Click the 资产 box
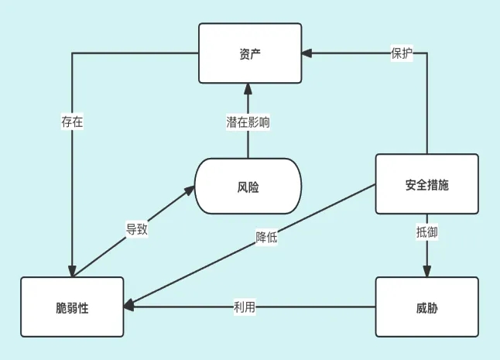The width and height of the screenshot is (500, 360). pyautogui.click(x=250, y=53)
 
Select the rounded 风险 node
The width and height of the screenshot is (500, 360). pyautogui.click(x=248, y=186)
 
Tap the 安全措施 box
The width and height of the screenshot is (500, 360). pyautogui.click(x=426, y=184)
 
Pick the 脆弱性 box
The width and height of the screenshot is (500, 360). pyautogui.click(x=72, y=307)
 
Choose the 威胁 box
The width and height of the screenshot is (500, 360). pyautogui.click(x=426, y=307)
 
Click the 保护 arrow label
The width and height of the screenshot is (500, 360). pyautogui.click(x=402, y=54)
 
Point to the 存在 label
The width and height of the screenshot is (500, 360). pyautogui.click(x=72, y=122)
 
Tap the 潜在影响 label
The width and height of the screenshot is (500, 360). pyautogui.click(x=248, y=122)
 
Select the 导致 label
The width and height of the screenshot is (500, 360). pyautogui.click(x=137, y=229)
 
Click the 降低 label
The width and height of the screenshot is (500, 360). pyautogui.click(x=266, y=238)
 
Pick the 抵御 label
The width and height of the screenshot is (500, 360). pyautogui.click(x=426, y=231)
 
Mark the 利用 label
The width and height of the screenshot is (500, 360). pyautogui.click(x=245, y=307)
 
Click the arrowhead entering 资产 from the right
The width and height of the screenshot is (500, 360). pyautogui.click(x=307, y=53)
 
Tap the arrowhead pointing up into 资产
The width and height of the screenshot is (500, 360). pyautogui.click(x=248, y=87)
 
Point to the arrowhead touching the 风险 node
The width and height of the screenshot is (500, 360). pyautogui.click(x=188, y=191)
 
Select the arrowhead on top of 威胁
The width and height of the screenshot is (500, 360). pyautogui.click(x=426, y=272)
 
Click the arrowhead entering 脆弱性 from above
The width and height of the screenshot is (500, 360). pyautogui.click(x=72, y=272)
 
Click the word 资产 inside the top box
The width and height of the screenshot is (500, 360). pyautogui.click(x=250, y=53)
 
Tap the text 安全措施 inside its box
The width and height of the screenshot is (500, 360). pyautogui.click(x=426, y=185)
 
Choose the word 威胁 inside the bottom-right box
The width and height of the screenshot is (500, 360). pyautogui.click(x=426, y=307)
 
